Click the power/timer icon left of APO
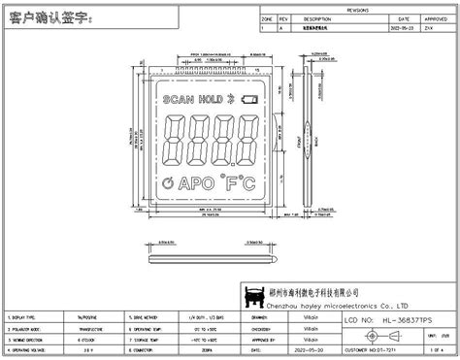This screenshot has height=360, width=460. point(169,182)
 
